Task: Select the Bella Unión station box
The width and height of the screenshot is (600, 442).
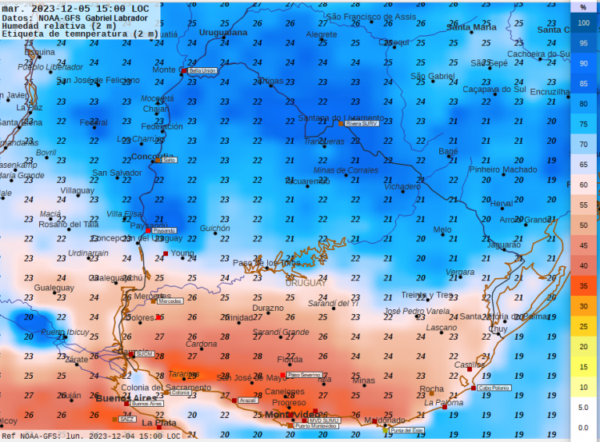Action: (x=202, y=70)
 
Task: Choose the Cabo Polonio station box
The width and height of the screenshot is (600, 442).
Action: (x=494, y=388)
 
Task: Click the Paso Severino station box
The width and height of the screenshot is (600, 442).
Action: (x=304, y=374)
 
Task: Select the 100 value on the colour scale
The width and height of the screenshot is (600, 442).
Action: (x=583, y=22)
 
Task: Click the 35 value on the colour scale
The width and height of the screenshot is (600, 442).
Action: (x=583, y=285)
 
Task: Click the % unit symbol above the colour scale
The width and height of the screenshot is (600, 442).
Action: (x=583, y=6)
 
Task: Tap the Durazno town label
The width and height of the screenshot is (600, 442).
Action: (x=268, y=308)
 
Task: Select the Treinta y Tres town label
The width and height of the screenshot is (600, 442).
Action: (x=426, y=295)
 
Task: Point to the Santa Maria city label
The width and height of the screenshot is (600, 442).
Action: (x=471, y=27)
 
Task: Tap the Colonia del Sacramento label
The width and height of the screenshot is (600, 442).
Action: (x=166, y=388)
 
